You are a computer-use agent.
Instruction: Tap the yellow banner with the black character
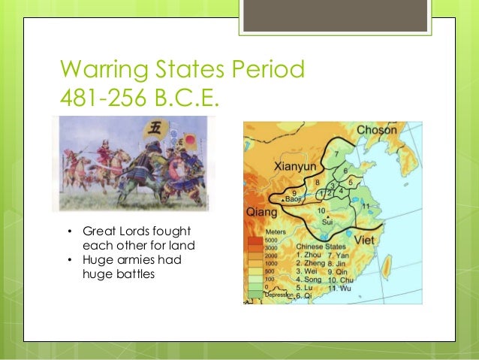pyautogui.click(x=156, y=127)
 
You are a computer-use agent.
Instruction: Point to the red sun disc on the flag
pyautogui.click(x=189, y=139)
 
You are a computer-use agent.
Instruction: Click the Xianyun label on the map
pyautogui.click(x=291, y=164)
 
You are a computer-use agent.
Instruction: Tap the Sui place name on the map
pyautogui.click(x=327, y=222)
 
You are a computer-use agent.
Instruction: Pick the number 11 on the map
pyautogui.click(x=366, y=205)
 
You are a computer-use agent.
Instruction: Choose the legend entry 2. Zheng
pyautogui.click(x=309, y=264)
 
